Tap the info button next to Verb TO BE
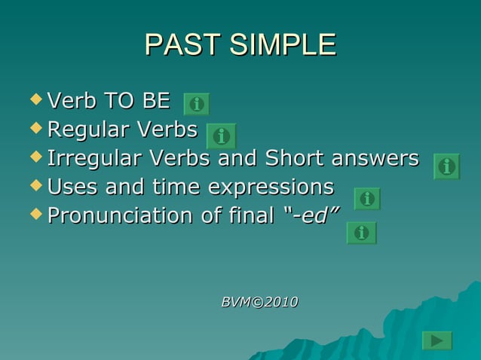197,104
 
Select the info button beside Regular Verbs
222,136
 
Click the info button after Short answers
446,166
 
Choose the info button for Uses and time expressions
367,199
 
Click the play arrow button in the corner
437,341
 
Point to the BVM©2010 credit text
259,302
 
